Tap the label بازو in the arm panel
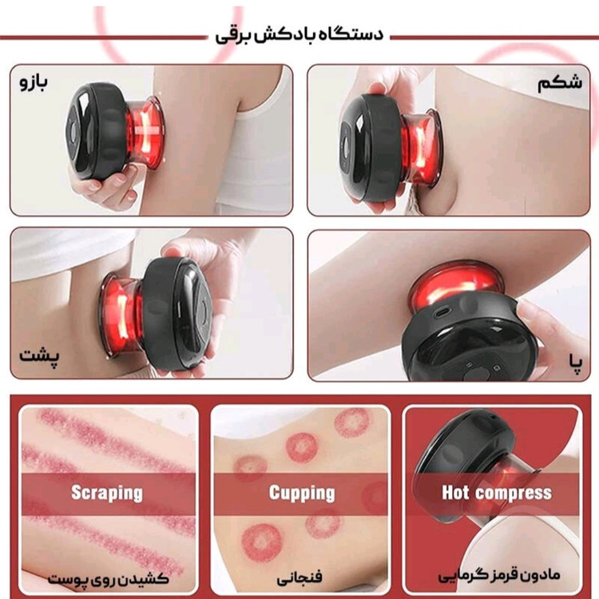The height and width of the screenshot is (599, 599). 34,82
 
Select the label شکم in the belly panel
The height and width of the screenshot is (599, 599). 560,83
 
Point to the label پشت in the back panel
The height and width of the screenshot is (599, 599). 39,358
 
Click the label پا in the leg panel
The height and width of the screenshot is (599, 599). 575,362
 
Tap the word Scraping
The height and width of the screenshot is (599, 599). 107,493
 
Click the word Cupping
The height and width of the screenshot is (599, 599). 302,493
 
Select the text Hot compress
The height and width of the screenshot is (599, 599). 497,493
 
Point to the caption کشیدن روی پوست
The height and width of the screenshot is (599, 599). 108,579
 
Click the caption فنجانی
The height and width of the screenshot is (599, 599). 299,577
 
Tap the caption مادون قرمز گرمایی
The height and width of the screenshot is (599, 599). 499,577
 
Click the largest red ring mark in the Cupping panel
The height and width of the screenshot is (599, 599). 262,543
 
